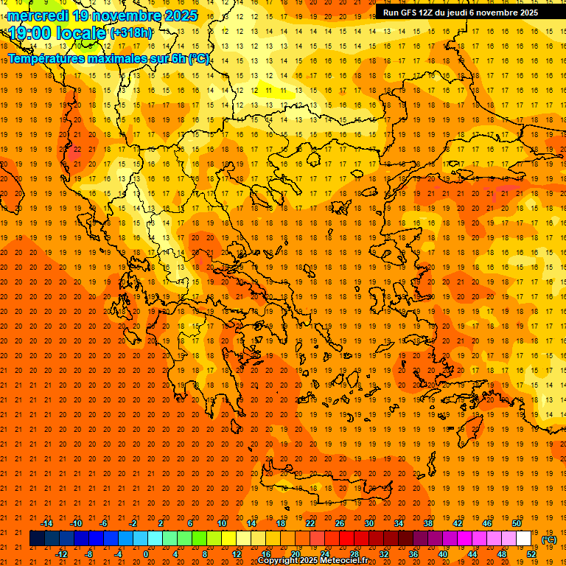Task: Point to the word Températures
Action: tap(46, 58)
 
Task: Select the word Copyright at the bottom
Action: tap(278, 561)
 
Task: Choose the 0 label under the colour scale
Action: tap(146, 554)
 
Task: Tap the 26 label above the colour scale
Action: tap(340, 523)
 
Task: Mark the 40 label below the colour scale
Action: tap(442, 554)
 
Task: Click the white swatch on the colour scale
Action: tap(523, 539)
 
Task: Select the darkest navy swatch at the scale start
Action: tap(37, 539)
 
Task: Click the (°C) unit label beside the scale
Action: tap(549, 539)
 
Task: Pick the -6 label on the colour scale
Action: tap(103, 523)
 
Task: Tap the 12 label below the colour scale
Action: tap(237, 554)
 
